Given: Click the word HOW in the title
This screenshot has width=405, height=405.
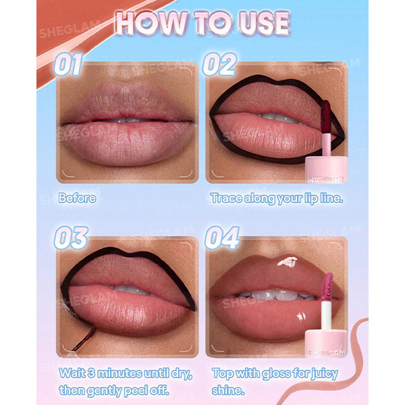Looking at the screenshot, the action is pyautogui.click(x=152, y=23).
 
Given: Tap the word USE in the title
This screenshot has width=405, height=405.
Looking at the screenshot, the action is pyautogui.click(x=264, y=23).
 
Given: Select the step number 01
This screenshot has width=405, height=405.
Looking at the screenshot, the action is pyautogui.click(x=68, y=64).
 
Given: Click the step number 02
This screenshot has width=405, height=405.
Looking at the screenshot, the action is pyautogui.click(x=219, y=64).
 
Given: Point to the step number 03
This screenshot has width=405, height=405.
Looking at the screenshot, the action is pyautogui.click(x=71, y=238).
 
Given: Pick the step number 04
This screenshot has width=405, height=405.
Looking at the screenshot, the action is pyautogui.click(x=222, y=238).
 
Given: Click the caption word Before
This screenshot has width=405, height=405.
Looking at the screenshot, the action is pyautogui.click(x=77, y=198).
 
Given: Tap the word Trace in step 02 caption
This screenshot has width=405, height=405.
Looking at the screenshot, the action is pyautogui.click(x=226, y=198).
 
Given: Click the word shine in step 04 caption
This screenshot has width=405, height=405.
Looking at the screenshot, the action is pyautogui.click(x=227, y=390).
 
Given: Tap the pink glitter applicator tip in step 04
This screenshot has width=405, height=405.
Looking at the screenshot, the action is pyautogui.click(x=327, y=286).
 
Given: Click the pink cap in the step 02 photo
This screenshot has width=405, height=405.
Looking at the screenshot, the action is pyautogui.click(x=326, y=169).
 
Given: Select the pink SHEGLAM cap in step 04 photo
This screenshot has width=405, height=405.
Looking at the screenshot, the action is pyautogui.click(x=326, y=344).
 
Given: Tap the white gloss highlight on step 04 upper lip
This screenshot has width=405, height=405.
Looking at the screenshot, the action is pyautogui.click(x=287, y=261).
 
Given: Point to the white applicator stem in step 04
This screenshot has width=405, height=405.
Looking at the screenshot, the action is pyautogui.click(x=327, y=315).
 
